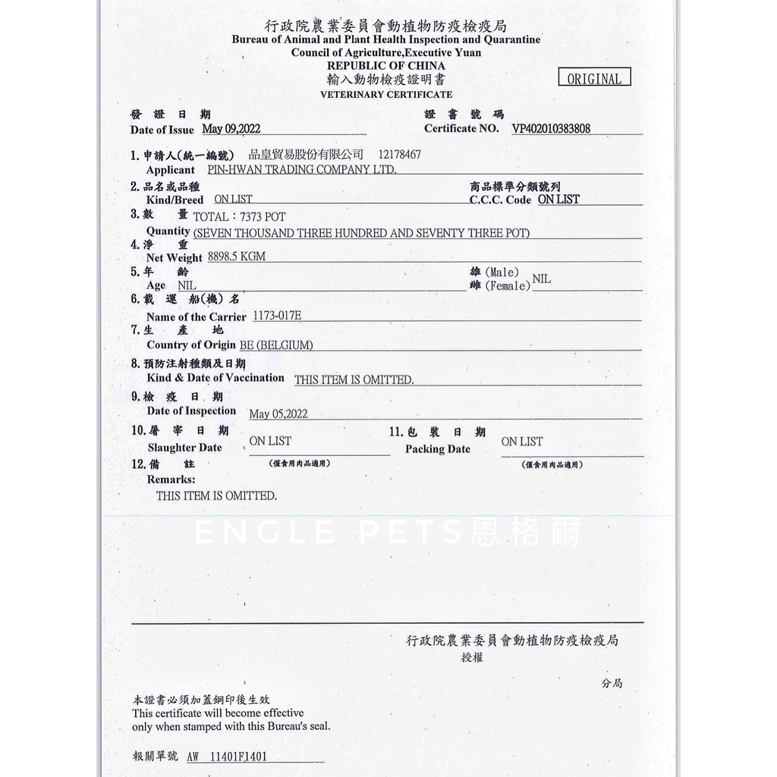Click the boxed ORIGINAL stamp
[x=594, y=78]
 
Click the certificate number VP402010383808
[x=551, y=129]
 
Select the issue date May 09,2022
[x=231, y=129]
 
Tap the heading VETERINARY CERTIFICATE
[x=386, y=95]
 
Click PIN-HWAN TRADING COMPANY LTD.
[x=301, y=170]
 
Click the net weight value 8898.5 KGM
[x=237, y=256]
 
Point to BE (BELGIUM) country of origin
[x=276, y=345]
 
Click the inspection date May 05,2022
[x=278, y=414]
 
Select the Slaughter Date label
[x=185, y=448]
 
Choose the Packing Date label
[x=438, y=448]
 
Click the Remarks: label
[x=171, y=480]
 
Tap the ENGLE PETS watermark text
[x=387, y=532]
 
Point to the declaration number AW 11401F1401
[x=226, y=757]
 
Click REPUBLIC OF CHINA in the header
[x=386, y=66]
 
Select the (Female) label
[x=508, y=286]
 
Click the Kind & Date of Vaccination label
[x=215, y=378]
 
